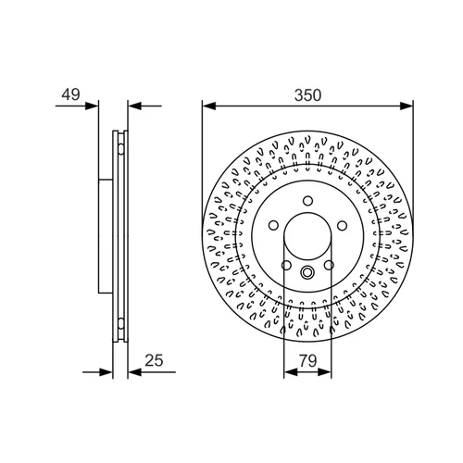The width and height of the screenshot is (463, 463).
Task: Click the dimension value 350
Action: [307, 95]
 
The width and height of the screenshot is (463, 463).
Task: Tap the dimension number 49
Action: [70, 94]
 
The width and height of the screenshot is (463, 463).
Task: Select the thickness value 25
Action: [154, 360]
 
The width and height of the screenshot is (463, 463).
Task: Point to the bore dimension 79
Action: [308, 360]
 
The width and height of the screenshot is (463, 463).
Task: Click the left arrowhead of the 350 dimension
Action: [208, 106]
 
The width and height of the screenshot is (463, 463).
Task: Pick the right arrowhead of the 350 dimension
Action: [407, 106]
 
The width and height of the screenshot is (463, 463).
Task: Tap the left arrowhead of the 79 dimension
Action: [290, 372]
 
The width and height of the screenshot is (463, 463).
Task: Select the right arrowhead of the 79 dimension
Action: [325, 372]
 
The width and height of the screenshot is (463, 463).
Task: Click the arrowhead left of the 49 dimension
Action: [92, 106]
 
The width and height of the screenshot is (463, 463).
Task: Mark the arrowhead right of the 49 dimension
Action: [134, 106]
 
